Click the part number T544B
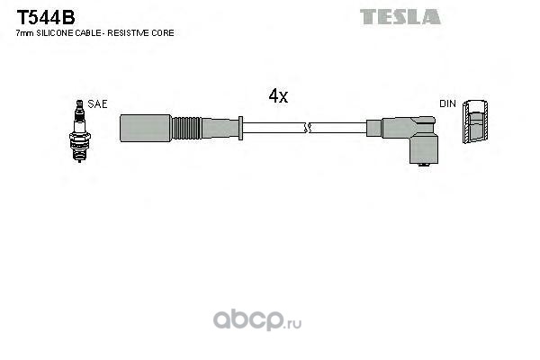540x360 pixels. tap(46, 17)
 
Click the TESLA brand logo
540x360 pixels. tap(400, 16)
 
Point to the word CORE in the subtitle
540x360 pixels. tap(162, 33)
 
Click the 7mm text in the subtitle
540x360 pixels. tap(25, 33)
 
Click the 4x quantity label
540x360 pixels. tap(278, 95)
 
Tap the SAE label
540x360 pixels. tap(97, 104)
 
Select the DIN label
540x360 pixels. tap(447, 103)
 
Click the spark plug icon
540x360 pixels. tap(79, 130)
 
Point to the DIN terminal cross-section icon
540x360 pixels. tap(475, 121)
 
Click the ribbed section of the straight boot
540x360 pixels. tap(186, 128)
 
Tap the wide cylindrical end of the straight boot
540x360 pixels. tap(145, 128)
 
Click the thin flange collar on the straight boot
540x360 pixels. tap(240, 128)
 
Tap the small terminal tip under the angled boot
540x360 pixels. tap(424, 165)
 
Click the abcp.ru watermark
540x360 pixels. tap(257, 320)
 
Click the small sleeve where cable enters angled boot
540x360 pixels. tap(373, 128)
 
